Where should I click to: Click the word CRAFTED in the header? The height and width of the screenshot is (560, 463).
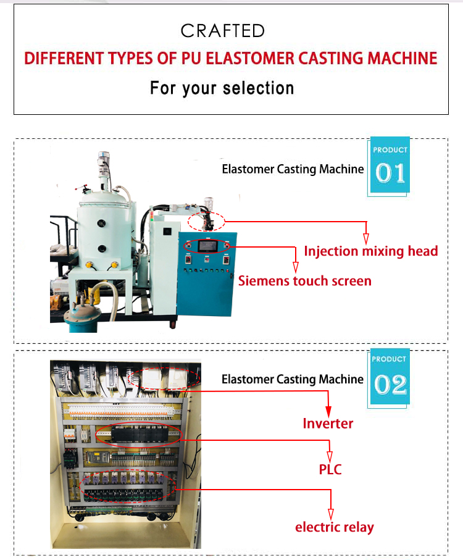223,31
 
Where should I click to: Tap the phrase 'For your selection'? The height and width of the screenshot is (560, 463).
222,88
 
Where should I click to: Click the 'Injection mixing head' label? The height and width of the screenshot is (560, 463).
371,251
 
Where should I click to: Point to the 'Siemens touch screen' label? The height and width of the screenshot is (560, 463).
305,281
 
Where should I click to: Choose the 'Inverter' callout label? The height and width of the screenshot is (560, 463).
328,424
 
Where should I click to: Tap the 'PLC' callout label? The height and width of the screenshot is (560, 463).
330,469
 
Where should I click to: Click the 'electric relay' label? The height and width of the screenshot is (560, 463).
335,527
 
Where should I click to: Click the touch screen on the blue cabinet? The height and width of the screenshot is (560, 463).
208,246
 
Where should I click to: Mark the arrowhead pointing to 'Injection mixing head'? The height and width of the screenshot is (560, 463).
366,239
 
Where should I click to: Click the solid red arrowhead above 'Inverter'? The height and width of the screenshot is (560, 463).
328,411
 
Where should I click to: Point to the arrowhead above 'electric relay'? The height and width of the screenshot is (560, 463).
331,514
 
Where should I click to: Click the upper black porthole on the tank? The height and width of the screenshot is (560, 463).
101,224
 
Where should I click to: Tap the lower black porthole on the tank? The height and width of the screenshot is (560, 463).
102,248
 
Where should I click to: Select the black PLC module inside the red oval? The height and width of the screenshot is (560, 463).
140,435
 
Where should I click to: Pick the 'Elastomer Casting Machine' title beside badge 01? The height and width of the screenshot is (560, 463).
293,169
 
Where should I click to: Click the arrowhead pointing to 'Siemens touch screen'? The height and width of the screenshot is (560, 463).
296,267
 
